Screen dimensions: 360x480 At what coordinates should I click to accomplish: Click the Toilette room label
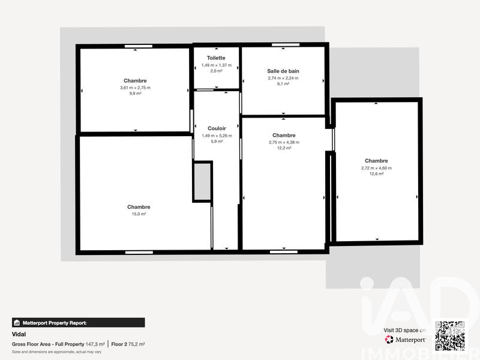[x=216, y=58]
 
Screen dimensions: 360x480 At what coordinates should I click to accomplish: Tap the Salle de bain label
[x=283, y=71]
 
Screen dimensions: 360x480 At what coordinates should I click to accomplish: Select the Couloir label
[x=217, y=128]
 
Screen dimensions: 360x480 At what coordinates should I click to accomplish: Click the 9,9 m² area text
[x=135, y=94]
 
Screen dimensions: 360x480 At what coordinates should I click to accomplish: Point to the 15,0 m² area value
[x=139, y=214]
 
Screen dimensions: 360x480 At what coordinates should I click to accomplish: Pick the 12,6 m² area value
[x=376, y=174]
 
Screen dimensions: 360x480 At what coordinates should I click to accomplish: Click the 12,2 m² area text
[x=284, y=148]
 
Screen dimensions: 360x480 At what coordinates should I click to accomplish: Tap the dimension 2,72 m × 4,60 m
[x=376, y=168]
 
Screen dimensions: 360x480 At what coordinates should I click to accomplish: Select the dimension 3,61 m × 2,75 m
[x=135, y=88]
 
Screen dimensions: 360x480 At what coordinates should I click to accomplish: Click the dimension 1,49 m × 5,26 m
[x=217, y=136]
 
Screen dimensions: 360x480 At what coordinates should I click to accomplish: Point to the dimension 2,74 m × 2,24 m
[x=283, y=78]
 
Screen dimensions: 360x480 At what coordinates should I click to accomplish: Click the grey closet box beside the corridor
[x=202, y=181]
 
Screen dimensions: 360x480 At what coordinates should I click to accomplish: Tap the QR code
[x=449, y=335]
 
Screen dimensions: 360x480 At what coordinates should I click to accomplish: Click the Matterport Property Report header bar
[x=79, y=322]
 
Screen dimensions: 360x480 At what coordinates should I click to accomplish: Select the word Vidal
[x=19, y=334]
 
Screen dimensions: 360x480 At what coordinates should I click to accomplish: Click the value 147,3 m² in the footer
[x=95, y=344]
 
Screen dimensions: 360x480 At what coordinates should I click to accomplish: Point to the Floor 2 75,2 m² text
[x=128, y=344]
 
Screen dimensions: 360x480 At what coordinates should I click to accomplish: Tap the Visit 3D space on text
[x=404, y=330]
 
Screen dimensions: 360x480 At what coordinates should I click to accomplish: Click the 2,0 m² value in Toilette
[x=216, y=71]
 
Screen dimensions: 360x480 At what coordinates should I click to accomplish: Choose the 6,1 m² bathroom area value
[x=283, y=84]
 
